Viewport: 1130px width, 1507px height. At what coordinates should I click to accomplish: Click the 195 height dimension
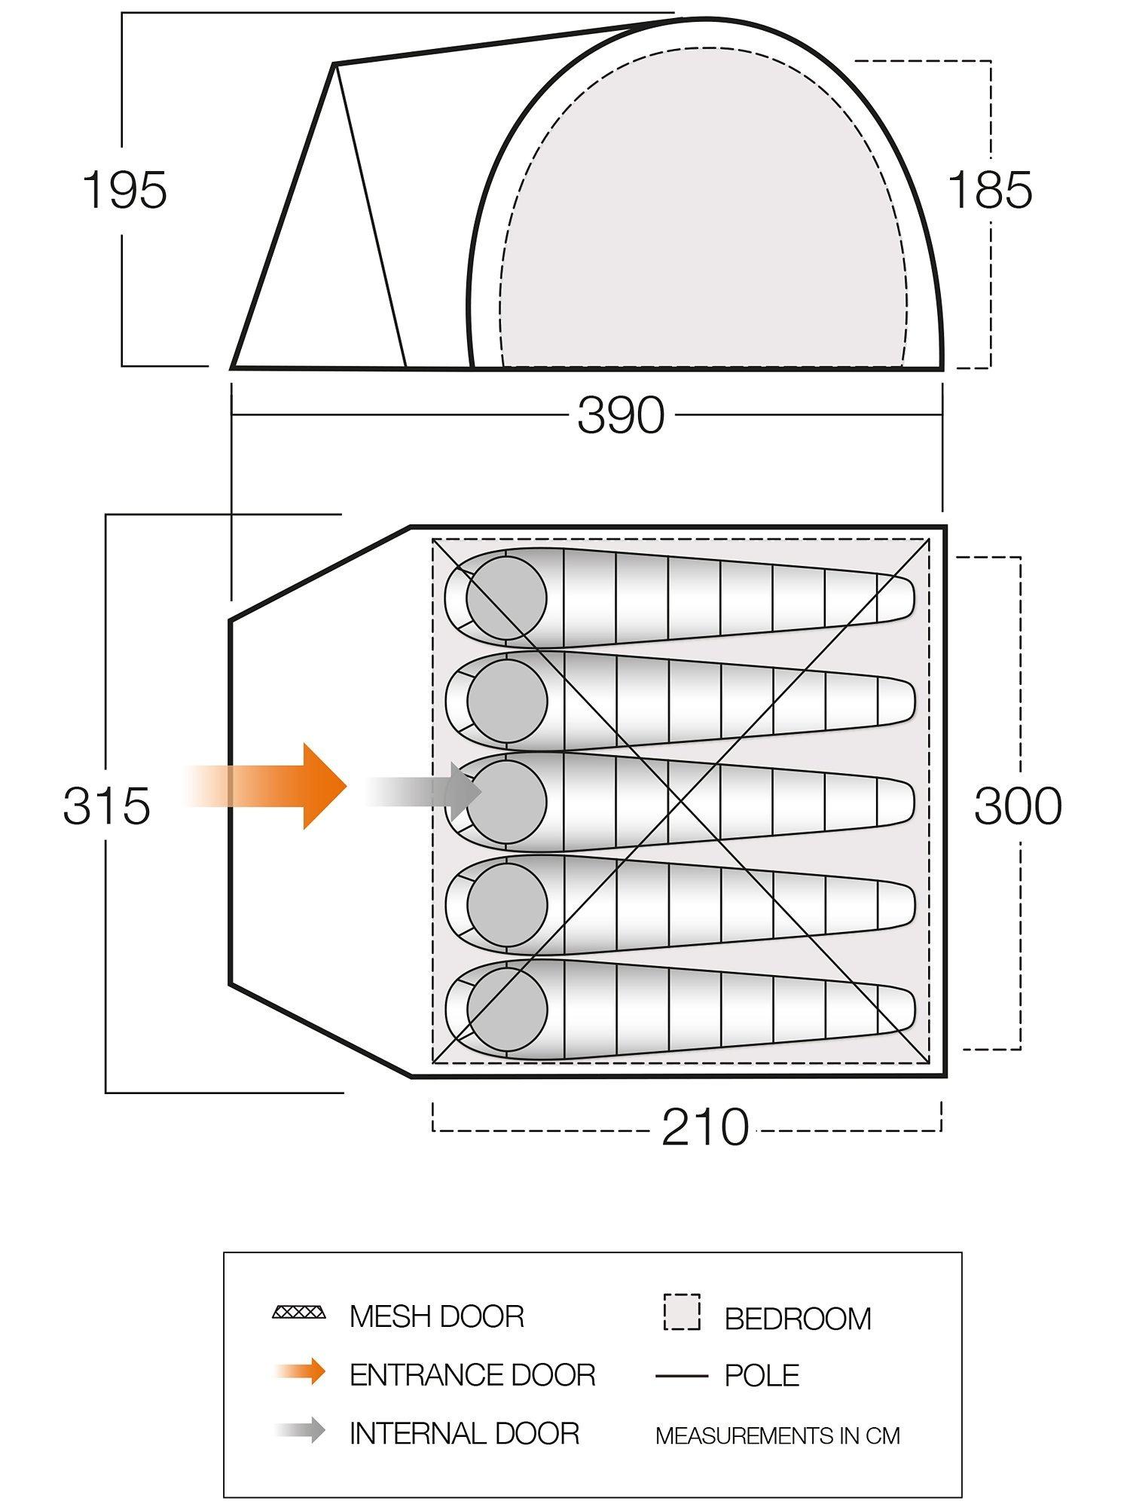(x=124, y=190)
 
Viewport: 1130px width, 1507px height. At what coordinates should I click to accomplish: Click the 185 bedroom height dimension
(x=990, y=190)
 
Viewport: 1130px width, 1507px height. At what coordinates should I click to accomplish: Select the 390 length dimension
(x=621, y=415)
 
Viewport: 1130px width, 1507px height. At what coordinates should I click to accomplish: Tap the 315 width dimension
(x=106, y=805)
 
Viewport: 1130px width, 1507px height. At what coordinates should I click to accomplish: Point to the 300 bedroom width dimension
(x=1018, y=805)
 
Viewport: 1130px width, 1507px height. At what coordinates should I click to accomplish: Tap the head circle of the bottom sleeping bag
(x=506, y=1008)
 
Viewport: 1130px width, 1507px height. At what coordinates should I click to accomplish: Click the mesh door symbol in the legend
(x=299, y=1313)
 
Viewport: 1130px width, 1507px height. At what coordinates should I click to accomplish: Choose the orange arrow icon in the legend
(x=301, y=1372)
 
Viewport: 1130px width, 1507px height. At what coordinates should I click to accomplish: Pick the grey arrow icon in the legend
(x=301, y=1430)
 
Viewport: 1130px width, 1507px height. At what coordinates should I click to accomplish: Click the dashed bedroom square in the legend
(x=682, y=1313)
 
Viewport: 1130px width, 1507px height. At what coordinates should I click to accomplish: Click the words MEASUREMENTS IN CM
(x=777, y=1436)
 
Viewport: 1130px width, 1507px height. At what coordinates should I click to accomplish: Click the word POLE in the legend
(x=762, y=1376)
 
